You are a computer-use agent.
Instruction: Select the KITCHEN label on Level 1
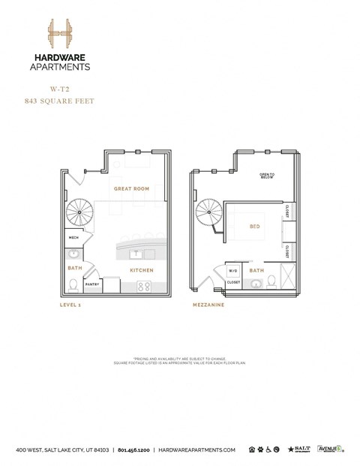click(142, 270)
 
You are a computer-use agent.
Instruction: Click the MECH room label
click(73, 238)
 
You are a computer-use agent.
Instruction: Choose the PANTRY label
click(91, 284)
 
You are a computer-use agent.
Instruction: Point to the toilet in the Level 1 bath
click(73, 284)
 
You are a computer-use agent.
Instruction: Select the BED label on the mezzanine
click(255, 224)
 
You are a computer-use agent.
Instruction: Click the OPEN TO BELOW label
click(268, 176)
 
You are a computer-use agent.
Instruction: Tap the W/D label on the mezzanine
click(232, 271)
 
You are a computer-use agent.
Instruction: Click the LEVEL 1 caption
click(72, 305)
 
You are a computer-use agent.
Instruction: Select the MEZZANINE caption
click(208, 305)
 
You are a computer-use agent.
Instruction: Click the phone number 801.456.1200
click(133, 450)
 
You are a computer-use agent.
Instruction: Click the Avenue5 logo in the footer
click(330, 449)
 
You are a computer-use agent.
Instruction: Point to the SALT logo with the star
click(299, 449)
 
